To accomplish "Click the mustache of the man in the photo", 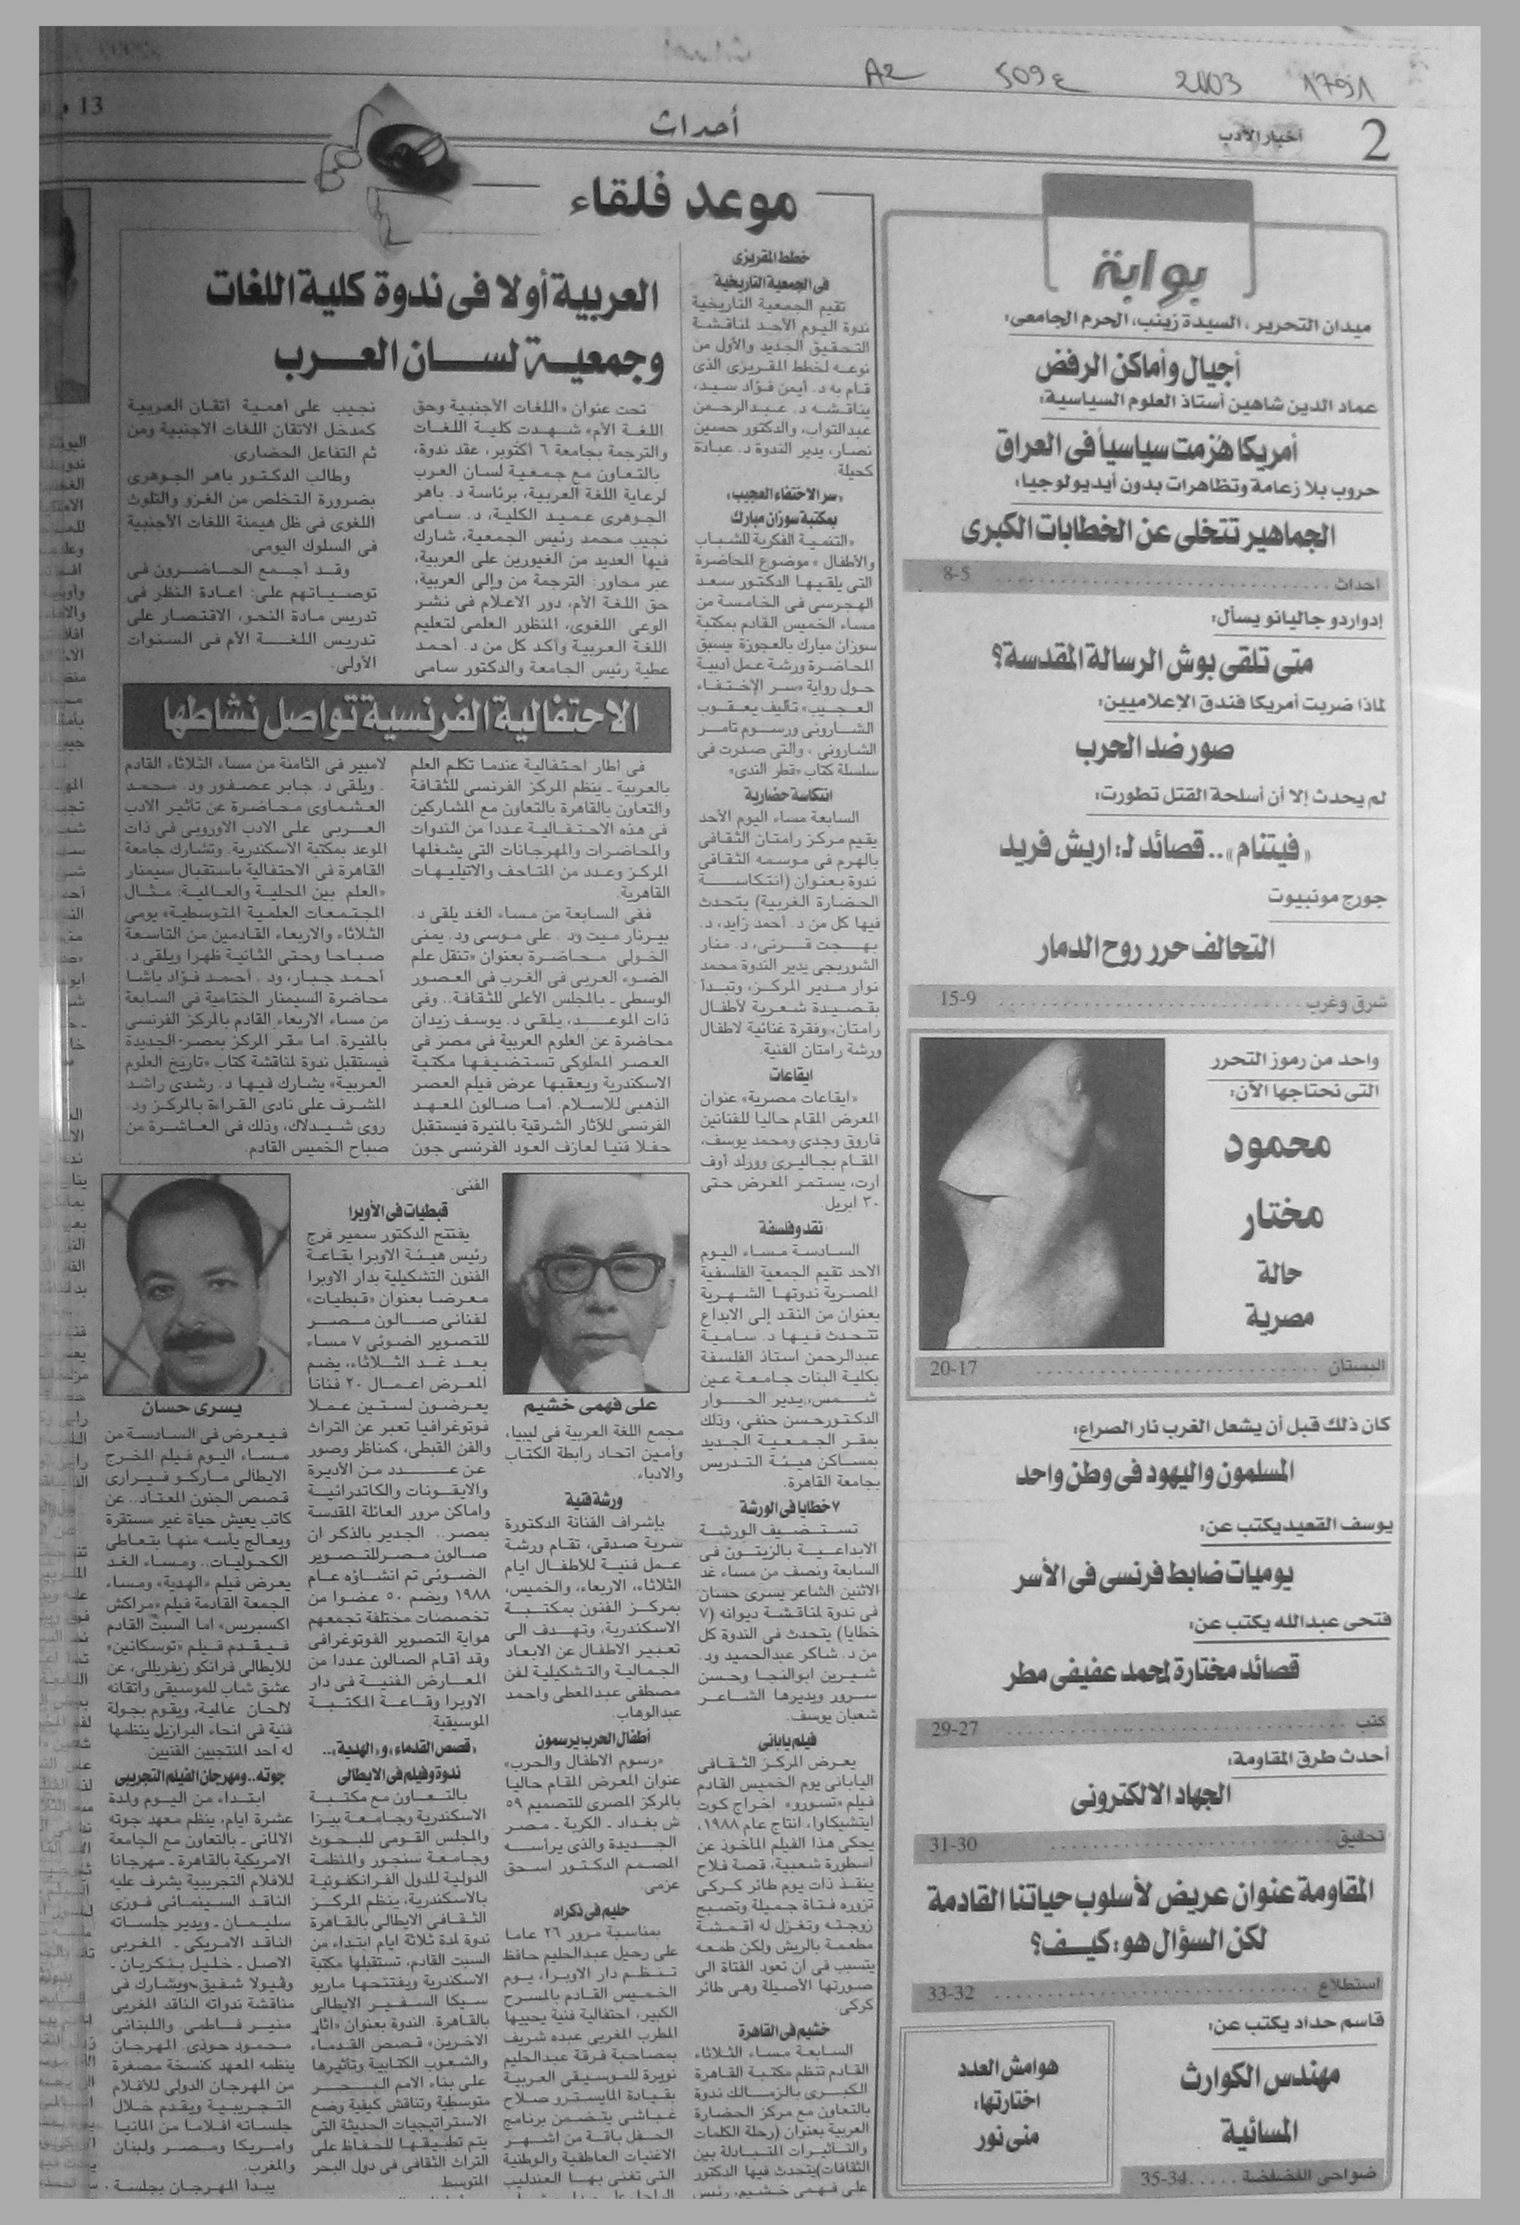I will click(x=196, y=1329).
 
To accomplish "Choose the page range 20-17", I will click(x=953, y=1368).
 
